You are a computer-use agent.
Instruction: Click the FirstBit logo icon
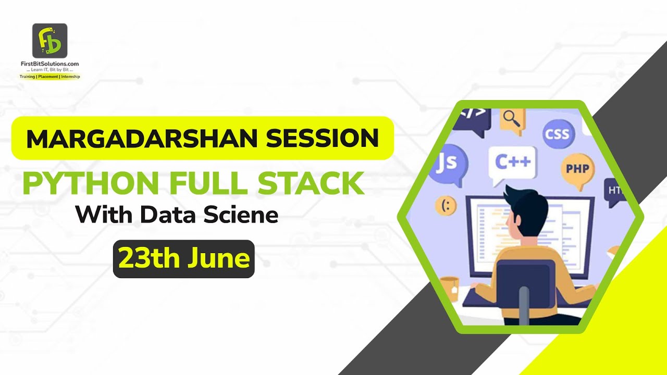coord(50,41)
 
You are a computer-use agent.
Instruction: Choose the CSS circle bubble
coord(557,134)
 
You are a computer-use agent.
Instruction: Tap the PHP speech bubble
coord(577,170)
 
